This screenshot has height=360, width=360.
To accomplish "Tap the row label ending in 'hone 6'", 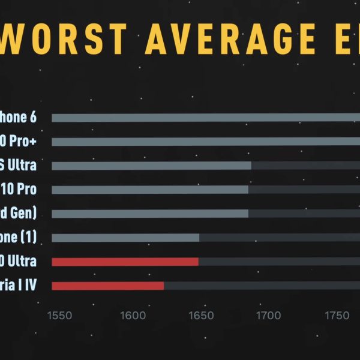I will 18,117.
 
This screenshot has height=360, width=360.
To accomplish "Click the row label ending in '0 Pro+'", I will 18,142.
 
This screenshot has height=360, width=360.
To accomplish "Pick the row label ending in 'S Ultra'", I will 18,165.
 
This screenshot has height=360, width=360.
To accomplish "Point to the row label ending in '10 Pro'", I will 18,190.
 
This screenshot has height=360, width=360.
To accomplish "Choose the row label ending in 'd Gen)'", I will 18,213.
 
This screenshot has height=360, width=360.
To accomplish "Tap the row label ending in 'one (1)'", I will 18,237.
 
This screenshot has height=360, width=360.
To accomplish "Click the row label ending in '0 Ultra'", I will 18,262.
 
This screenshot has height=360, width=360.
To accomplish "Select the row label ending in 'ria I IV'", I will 18,286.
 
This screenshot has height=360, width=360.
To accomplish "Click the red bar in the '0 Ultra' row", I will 125,262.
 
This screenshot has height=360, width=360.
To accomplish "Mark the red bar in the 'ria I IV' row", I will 107,286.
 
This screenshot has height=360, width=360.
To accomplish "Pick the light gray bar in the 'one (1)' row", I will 125,238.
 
